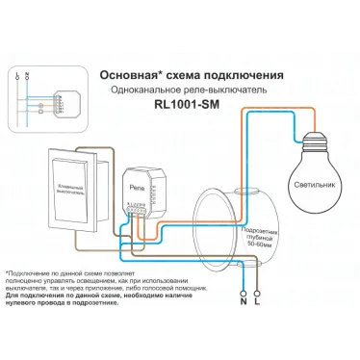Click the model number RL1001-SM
(x=189, y=109)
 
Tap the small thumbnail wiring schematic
(x=39, y=87)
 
